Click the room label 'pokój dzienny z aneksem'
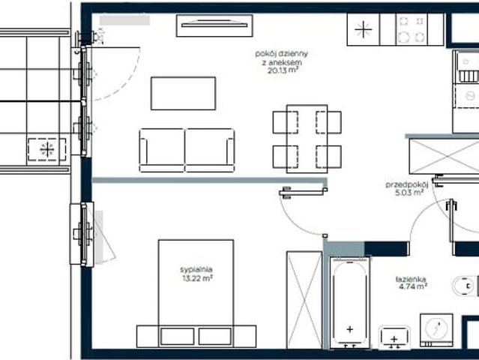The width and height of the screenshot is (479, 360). coord(281,58)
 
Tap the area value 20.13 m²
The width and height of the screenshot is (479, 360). coord(283,70)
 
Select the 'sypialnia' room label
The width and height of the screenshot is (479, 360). coord(196,269)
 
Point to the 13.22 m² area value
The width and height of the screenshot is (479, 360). coord(197,278)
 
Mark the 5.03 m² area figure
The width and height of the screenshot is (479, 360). coord(409,193)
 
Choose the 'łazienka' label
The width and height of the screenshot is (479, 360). coord(411,279)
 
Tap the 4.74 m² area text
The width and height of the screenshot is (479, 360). coord(413,286)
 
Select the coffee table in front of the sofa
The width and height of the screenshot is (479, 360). coord(184,94)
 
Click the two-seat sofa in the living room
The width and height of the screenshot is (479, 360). coord(187,150)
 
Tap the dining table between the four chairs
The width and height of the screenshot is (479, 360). coord(307,139)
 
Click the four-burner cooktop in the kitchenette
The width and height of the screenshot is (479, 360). coord(412,29)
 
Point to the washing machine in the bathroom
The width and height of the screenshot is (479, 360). coord(436,330)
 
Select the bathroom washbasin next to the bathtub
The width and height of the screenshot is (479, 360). coord(394,337)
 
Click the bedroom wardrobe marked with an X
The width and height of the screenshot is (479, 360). coord(304,300)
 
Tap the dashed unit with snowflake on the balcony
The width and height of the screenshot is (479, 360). coord(47,150)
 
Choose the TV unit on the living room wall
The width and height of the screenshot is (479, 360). coord(214,25)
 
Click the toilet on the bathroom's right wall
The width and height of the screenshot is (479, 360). coord(465,286)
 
